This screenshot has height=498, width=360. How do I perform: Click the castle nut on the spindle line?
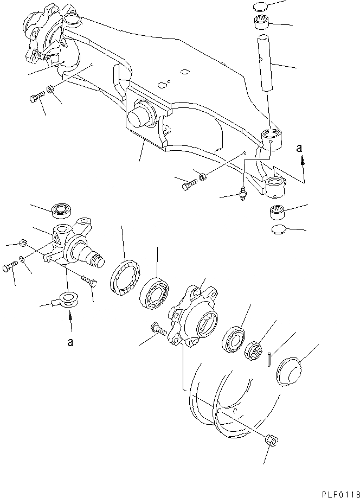[x=253, y=346]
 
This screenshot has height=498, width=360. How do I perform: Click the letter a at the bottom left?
[x=69, y=343]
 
